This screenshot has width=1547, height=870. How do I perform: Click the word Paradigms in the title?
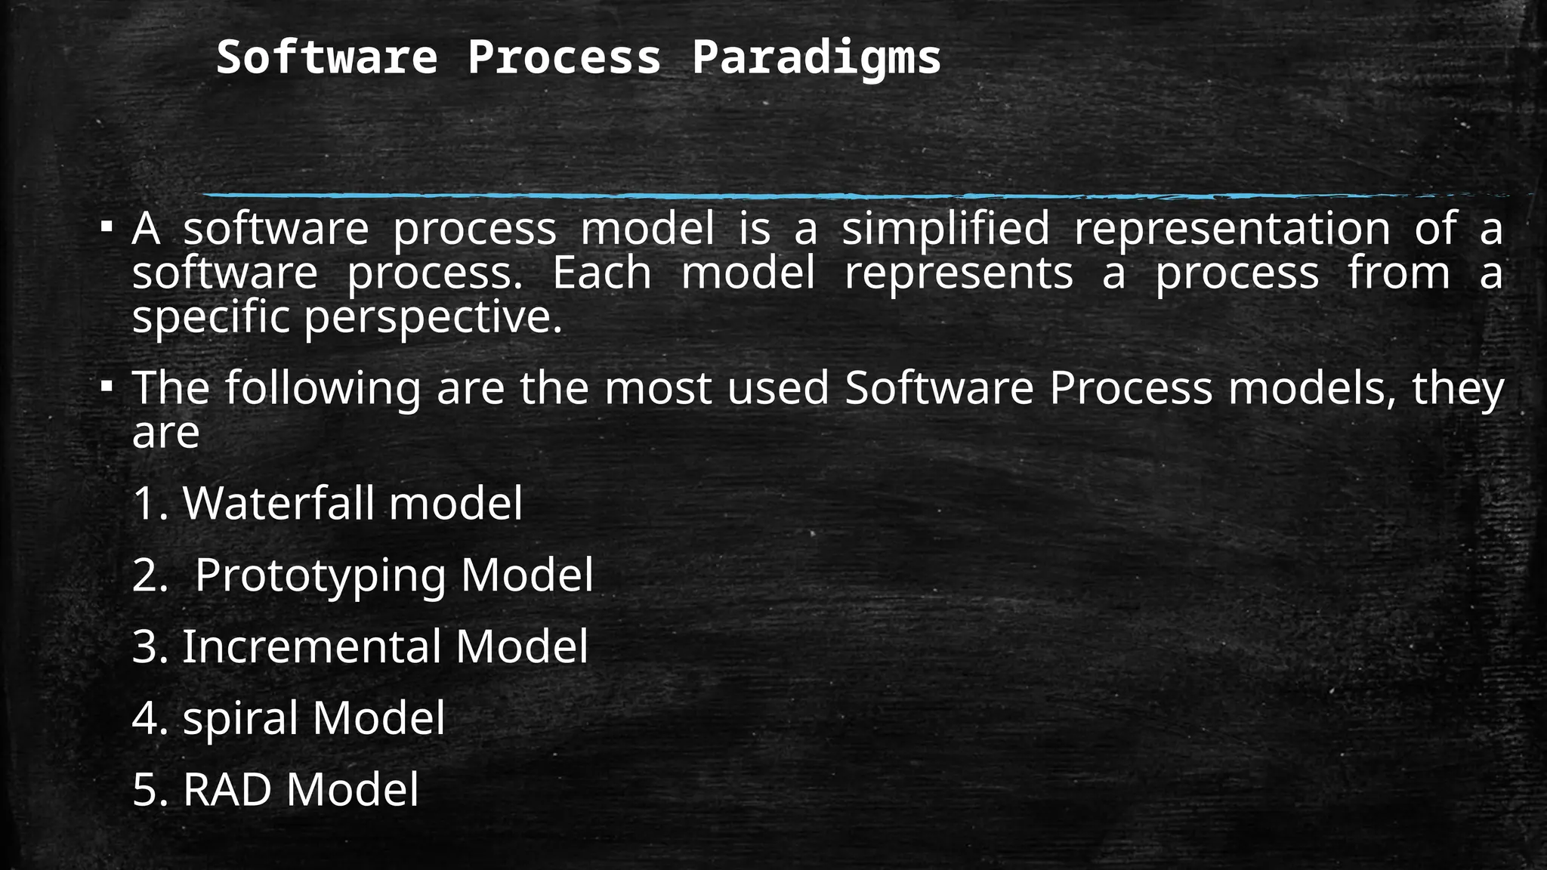[816, 57]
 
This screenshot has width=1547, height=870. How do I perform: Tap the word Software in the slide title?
[326, 57]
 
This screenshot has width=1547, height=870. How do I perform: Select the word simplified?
[946, 228]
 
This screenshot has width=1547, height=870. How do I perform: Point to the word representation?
[1232, 228]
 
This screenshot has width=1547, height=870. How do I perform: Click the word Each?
[602, 273]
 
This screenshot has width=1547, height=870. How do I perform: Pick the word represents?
[958, 273]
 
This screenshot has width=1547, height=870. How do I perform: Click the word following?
[323, 388]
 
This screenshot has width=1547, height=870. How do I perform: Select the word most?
[657, 388]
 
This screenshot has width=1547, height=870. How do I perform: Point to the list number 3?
[145, 647]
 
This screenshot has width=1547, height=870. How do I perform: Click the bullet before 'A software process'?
[107, 227]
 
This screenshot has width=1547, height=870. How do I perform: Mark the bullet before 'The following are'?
[107, 387]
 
